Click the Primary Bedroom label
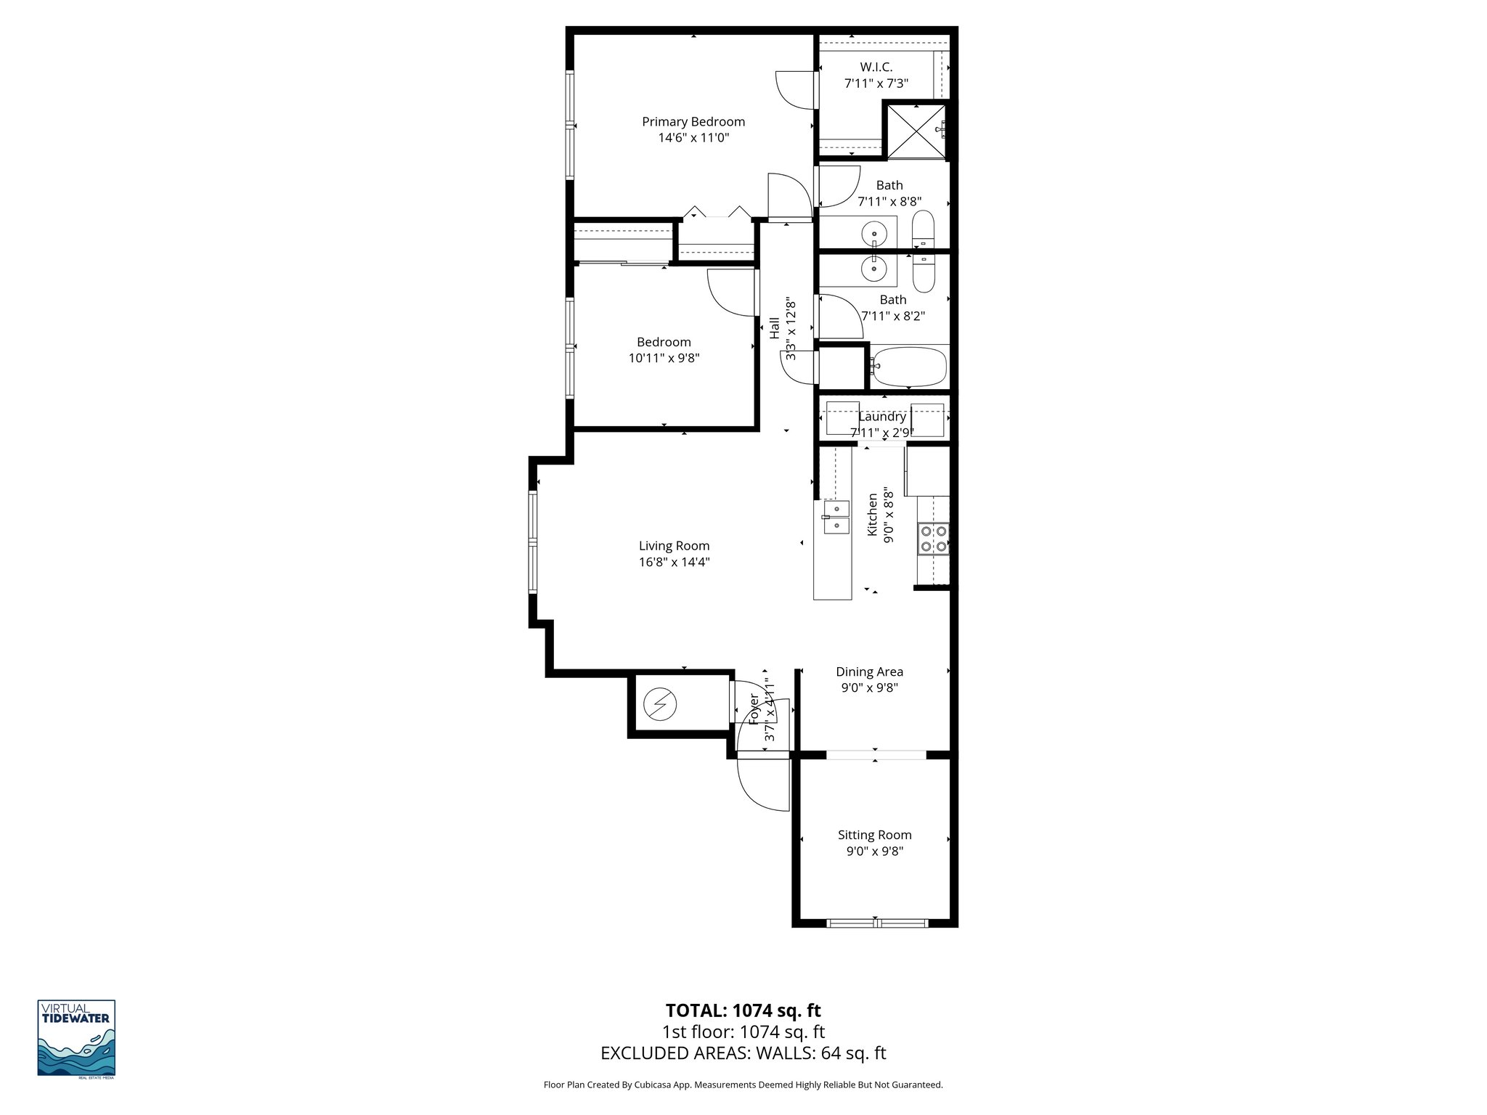pos(693,122)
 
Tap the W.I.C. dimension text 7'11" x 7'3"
pos(876,83)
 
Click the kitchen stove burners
pos(933,539)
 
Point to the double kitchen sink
pos(836,517)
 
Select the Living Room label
pos(674,546)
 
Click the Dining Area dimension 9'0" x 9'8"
pos(869,688)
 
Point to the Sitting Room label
pos(874,835)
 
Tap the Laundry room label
pos(881,417)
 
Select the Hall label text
pos(775,328)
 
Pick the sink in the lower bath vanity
pos(873,269)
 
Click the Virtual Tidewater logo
pos(76,1038)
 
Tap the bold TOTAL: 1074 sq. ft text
pos(743,1010)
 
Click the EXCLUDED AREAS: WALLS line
pos(743,1053)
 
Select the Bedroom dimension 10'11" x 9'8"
pos(664,358)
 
